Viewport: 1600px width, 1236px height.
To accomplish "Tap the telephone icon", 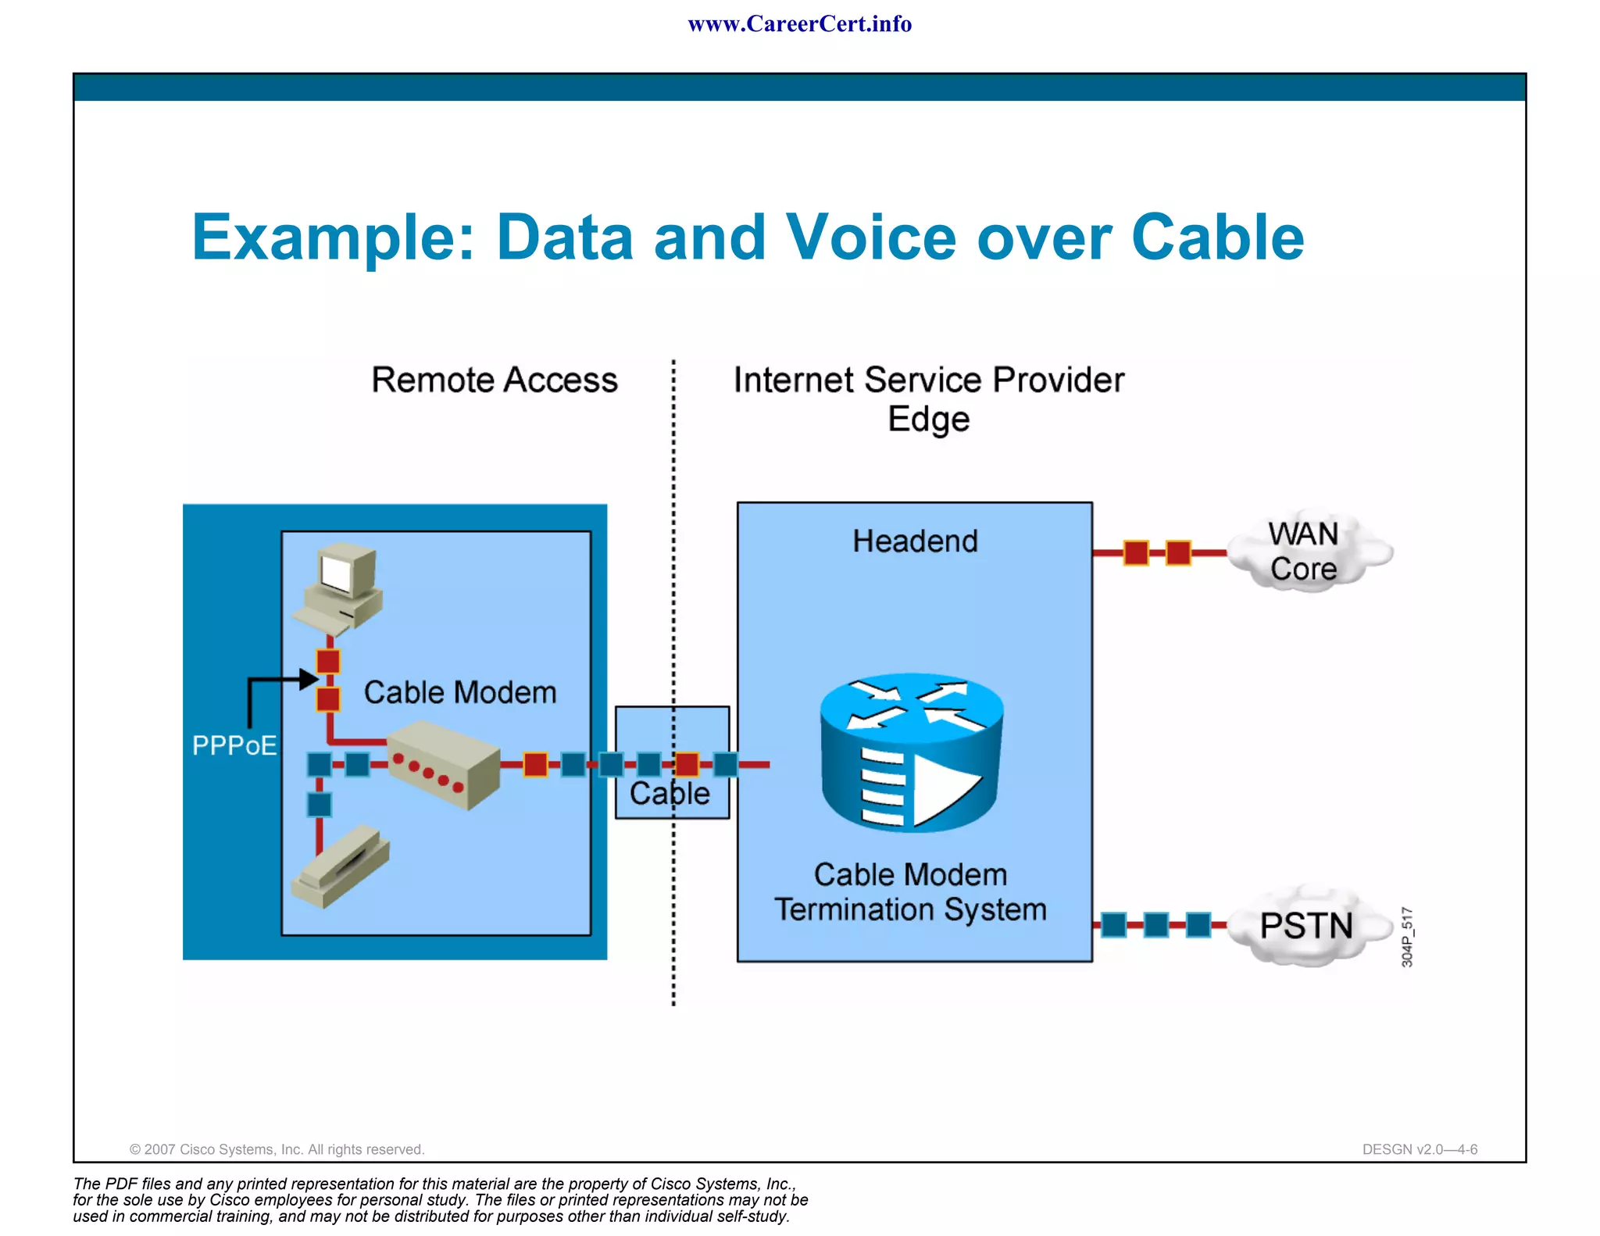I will click(x=341, y=867).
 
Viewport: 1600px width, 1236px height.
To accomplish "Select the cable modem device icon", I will click(x=443, y=765).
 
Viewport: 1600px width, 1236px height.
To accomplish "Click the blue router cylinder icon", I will click(x=912, y=752).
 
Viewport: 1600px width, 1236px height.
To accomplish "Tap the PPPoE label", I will click(x=234, y=745).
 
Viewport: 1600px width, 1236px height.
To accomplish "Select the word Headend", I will click(x=915, y=541).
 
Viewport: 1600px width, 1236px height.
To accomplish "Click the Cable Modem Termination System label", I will click(x=910, y=892).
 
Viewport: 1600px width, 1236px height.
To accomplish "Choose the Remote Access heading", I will click(x=494, y=380).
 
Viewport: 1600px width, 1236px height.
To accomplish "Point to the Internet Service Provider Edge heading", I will click(x=928, y=398).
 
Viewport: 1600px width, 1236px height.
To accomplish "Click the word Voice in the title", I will click(x=870, y=238).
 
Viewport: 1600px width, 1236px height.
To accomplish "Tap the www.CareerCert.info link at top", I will click(x=799, y=24).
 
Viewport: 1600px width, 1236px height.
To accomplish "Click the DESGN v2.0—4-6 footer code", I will click(x=1420, y=1149).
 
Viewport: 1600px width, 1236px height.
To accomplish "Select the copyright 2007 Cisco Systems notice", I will click(x=277, y=1149).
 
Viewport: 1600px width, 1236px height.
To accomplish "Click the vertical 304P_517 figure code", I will click(x=1407, y=937).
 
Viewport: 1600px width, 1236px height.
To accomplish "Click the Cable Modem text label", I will click(x=460, y=693).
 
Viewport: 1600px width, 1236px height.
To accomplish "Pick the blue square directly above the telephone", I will click(x=319, y=804).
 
